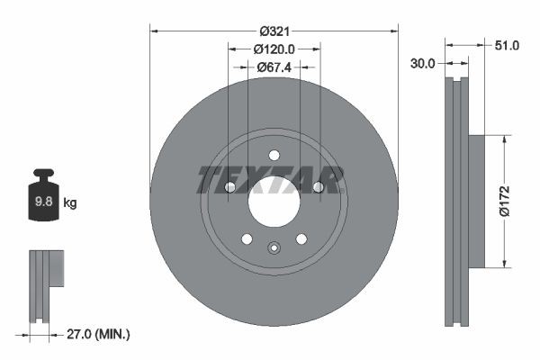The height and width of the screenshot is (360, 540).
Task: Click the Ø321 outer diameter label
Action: (x=274, y=31)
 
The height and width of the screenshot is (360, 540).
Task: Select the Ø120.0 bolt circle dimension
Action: (x=274, y=49)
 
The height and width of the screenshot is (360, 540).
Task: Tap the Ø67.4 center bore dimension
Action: (x=274, y=67)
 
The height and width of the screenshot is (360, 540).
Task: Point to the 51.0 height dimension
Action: (x=508, y=45)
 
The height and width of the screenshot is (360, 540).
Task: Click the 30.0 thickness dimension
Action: (x=423, y=63)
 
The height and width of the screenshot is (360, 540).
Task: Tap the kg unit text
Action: (x=70, y=203)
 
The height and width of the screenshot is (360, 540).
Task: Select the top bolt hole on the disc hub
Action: (x=274, y=154)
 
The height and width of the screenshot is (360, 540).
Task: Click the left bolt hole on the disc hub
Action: (x=229, y=187)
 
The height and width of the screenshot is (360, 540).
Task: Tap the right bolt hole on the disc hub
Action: (x=318, y=187)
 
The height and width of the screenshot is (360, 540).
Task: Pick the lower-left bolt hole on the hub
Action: (x=247, y=238)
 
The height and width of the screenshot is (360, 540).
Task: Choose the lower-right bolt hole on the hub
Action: (x=301, y=238)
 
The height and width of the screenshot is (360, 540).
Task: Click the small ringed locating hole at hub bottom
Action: (x=274, y=247)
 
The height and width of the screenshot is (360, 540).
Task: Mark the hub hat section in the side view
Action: (x=476, y=201)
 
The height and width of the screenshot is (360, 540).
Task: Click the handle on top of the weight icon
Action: (x=43, y=175)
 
